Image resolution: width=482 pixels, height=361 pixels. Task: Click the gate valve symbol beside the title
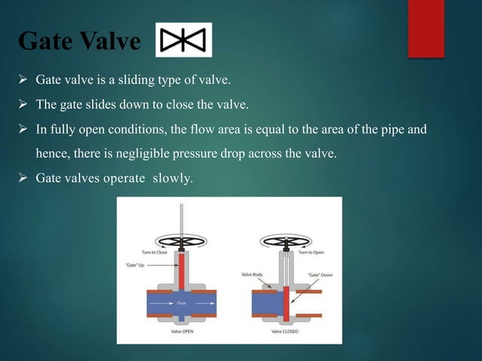tap(184, 40)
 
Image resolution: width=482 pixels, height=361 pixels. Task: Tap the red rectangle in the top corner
tap(426, 28)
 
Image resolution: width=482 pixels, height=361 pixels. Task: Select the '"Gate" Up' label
tap(135, 264)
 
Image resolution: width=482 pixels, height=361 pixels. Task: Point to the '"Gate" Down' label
tap(319, 274)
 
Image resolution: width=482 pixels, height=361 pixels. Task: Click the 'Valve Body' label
tap(252, 274)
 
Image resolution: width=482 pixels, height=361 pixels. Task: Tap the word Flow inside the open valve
tap(181, 304)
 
